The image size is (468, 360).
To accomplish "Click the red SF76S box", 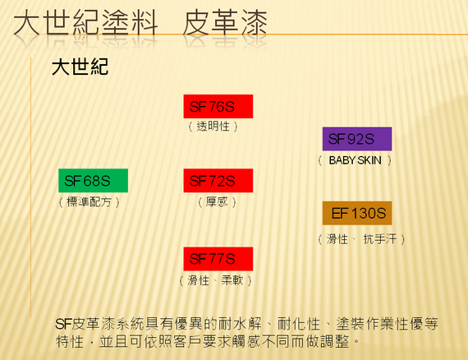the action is (x=218, y=106).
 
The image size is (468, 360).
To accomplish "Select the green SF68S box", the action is (x=93, y=181).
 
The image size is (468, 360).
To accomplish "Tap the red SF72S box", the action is (x=218, y=181).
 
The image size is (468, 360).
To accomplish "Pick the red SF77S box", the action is (x=218, y=259).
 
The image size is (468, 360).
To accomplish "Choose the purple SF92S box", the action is (x=357, y=139).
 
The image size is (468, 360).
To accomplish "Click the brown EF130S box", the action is (x=357, y=213).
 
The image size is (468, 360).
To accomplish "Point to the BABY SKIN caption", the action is (x=355, y=160).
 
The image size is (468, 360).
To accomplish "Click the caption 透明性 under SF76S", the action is (x=213, y=127).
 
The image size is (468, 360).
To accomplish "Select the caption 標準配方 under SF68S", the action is (x=89, y=202).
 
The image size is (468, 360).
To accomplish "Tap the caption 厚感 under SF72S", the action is (x=217, y=202).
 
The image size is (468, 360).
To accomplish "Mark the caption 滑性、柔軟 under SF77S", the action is (x=215, y=280).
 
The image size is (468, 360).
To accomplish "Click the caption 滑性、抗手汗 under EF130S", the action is (x=361, y=239).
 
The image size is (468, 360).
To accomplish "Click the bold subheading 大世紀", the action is (x=80, y=67).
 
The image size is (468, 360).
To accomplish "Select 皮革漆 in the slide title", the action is (x=225, y=22).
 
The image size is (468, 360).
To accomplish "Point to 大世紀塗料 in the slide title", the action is (x=85, y=22).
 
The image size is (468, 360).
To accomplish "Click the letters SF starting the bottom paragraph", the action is (x=63, y=324).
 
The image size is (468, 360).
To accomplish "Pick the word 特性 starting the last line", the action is (x=70, y=341).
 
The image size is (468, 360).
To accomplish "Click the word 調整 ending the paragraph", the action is (x=335, y=341).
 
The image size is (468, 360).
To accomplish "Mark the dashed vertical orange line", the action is (x=30, y=187).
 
